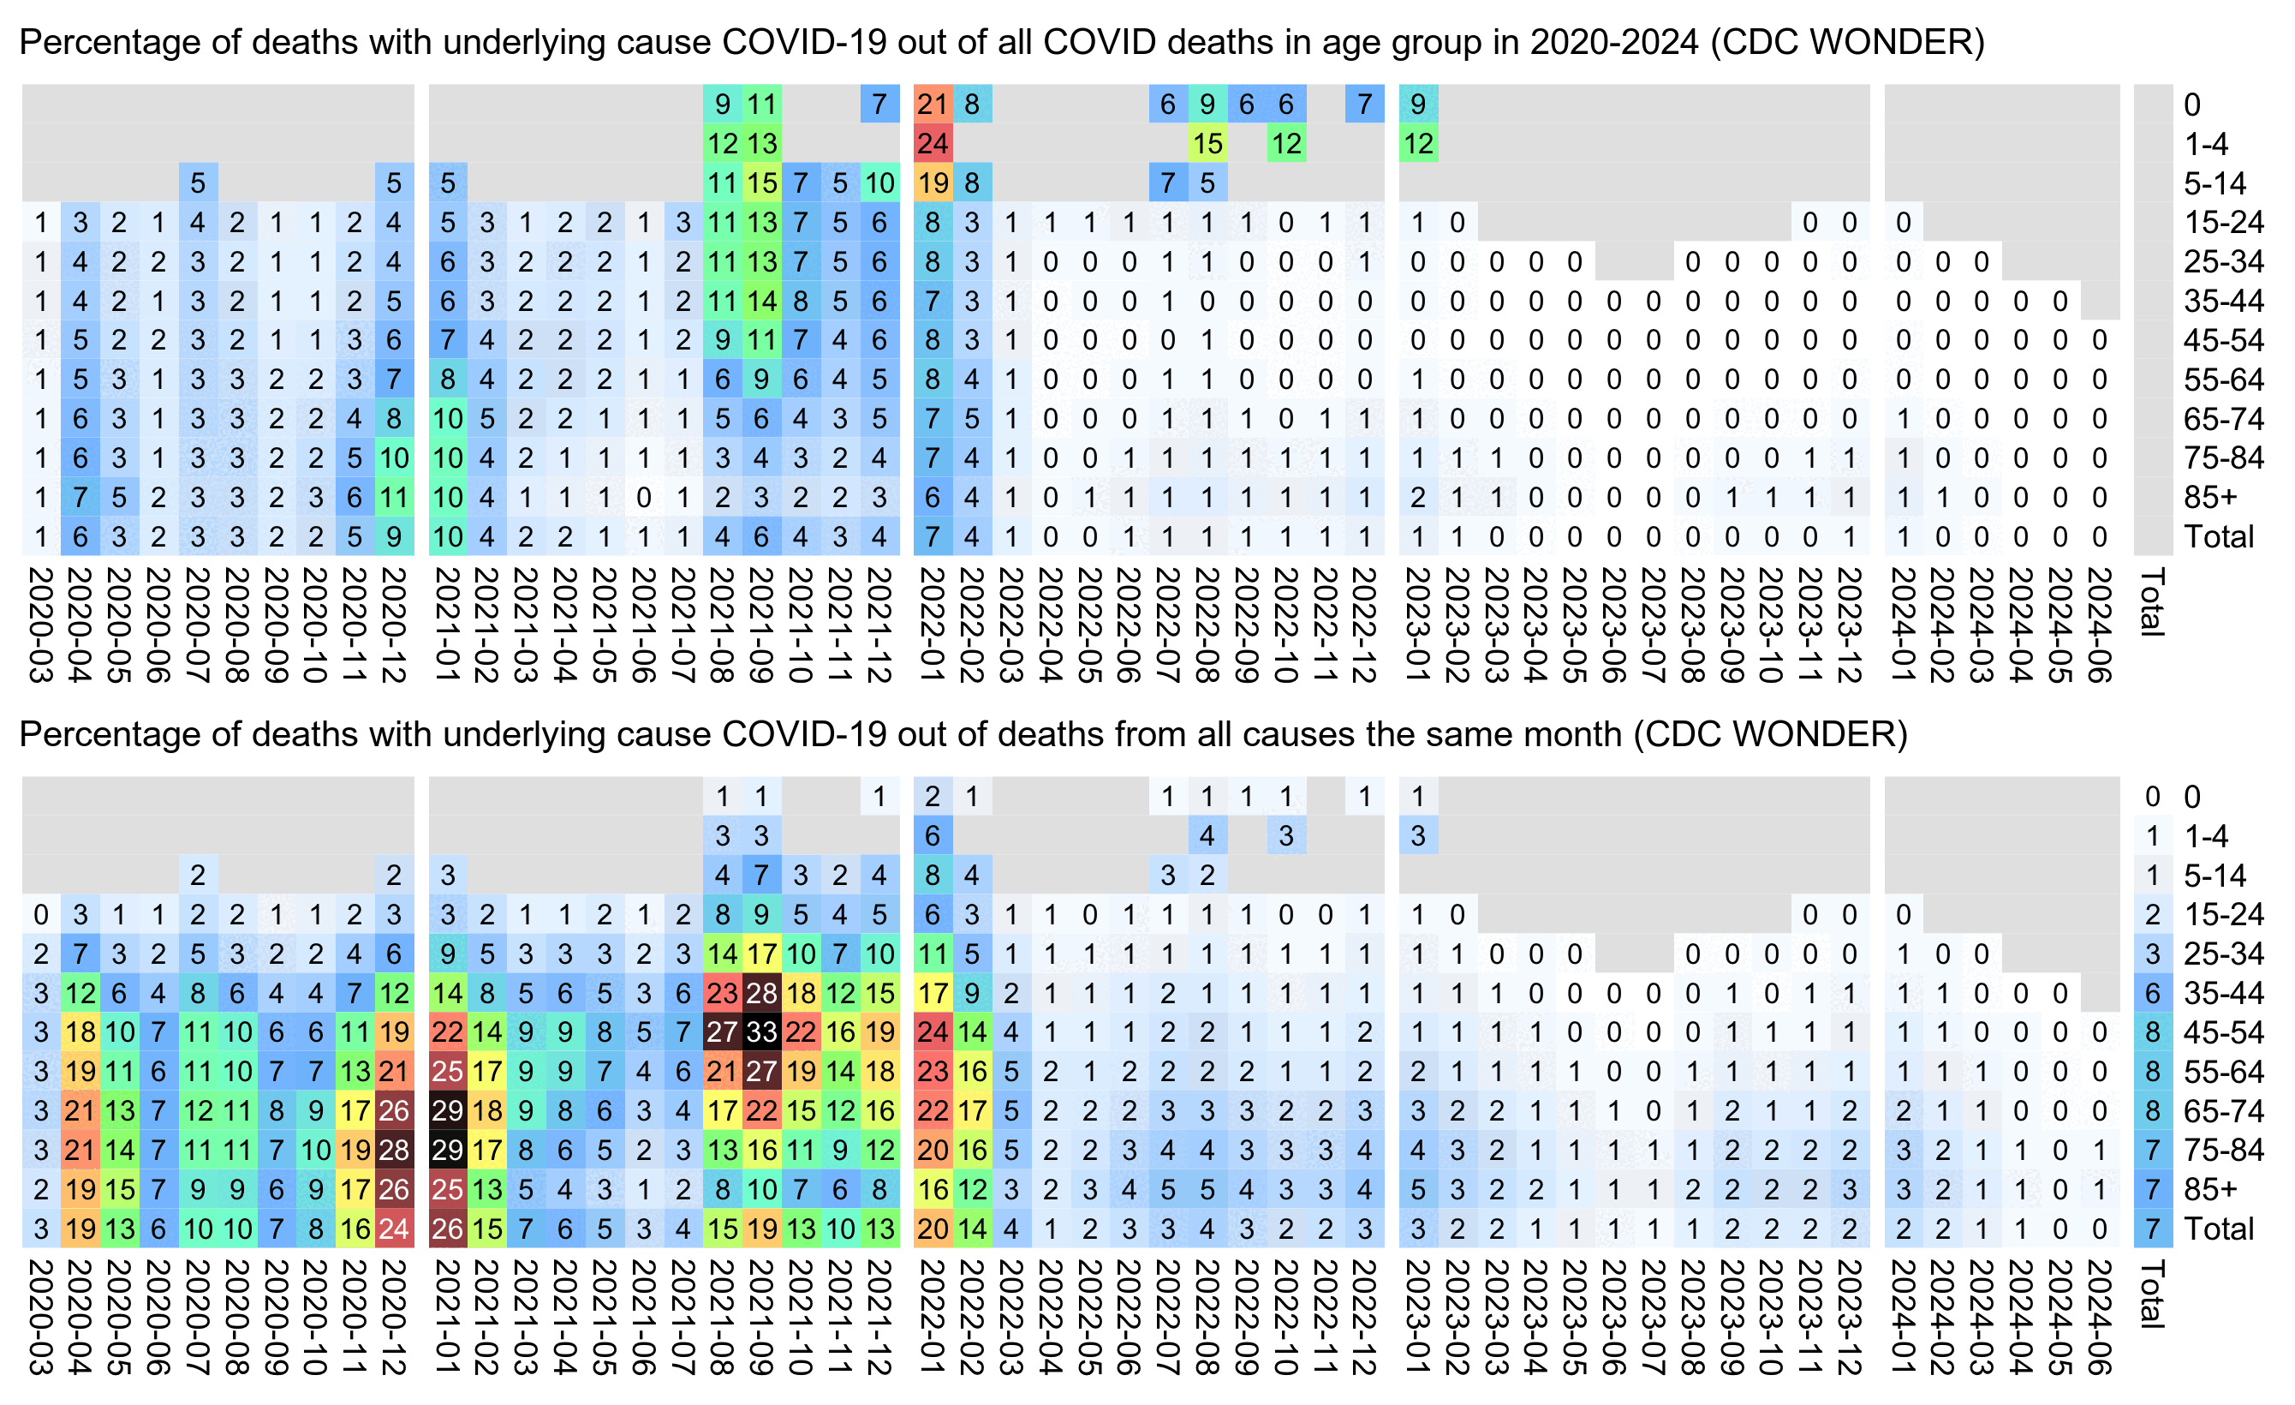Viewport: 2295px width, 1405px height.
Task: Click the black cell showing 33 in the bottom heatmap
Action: click(x=761, y=1031)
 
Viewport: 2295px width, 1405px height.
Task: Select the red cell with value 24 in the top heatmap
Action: click(x=933, y=143)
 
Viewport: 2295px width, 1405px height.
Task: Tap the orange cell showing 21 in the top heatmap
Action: click(x=933, y=105)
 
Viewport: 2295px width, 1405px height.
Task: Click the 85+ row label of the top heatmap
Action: click(x=2209, y=498)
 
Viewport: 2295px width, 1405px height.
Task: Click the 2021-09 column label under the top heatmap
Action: click(x=761, y=625)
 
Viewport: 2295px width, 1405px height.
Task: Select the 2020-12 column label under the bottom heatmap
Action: click(x=394, y=1316)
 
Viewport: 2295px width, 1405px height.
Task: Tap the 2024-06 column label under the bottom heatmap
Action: click(x=2099, y=1316)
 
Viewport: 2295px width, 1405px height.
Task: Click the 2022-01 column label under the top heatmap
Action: click(x=933, y=625)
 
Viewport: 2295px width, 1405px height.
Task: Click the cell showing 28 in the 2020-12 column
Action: click(x=394, y=1150)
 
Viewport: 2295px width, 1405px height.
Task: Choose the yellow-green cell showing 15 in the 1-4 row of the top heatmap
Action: click(x=1207, y=143)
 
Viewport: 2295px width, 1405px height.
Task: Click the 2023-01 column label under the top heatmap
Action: click(x=1417, y=625)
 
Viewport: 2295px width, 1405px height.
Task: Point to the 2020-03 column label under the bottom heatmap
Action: click(x=41, y=1316)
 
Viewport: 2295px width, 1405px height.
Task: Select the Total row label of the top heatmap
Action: click(x=2219, y=536)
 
